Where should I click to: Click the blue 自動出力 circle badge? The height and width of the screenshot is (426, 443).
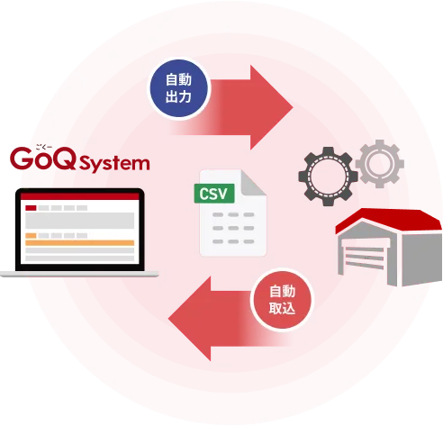179,88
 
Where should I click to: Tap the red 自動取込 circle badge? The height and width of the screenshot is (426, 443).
282,300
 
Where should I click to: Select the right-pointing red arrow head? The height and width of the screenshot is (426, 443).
271,107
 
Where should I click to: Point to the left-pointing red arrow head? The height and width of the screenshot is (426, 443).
190,319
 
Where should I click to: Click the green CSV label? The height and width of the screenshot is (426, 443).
214,194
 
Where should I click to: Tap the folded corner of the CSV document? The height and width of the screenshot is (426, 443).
253,184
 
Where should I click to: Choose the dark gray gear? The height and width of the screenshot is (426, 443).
328,177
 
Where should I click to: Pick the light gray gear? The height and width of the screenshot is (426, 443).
380,164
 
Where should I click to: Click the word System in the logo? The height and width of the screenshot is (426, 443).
114,164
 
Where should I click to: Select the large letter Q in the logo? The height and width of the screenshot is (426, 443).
61,159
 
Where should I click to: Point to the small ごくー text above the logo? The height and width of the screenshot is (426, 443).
44,147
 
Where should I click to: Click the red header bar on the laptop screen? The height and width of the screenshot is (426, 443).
80,196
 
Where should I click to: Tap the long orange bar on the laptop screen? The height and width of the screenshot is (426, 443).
80,243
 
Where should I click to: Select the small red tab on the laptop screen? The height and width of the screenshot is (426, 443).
31,208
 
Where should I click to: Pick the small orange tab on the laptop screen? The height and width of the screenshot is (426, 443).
31,235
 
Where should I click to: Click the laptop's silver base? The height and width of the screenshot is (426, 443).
79,274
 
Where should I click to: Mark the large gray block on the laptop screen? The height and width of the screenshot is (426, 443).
80,221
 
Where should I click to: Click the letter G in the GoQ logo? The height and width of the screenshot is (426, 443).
22,159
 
